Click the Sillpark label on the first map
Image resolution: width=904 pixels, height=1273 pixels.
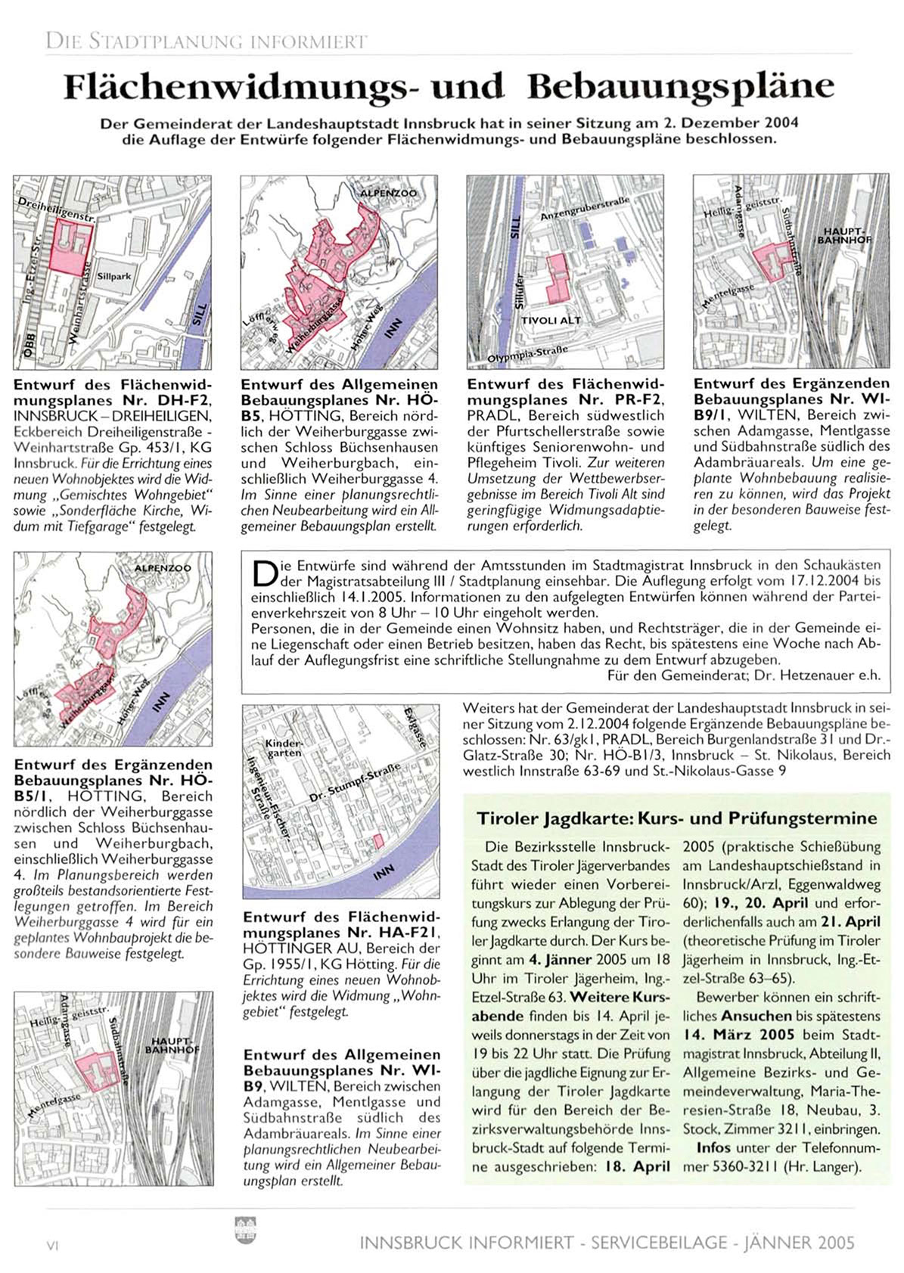coord(114,276)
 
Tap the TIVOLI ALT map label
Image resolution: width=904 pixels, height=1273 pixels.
coord(551,320)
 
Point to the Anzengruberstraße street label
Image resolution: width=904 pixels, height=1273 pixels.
coord(585,209)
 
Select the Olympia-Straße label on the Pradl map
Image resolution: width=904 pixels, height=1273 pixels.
coord(527,353)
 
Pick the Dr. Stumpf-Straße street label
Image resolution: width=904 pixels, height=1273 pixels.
coord(356,783)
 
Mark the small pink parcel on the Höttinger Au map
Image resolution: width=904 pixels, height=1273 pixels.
coord(378,842)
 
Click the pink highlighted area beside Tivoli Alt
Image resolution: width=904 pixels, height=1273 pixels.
coord(558,278)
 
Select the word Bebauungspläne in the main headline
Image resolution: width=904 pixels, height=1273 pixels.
coord(681,86)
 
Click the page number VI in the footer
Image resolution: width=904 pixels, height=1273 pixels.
coord(53,1246)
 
